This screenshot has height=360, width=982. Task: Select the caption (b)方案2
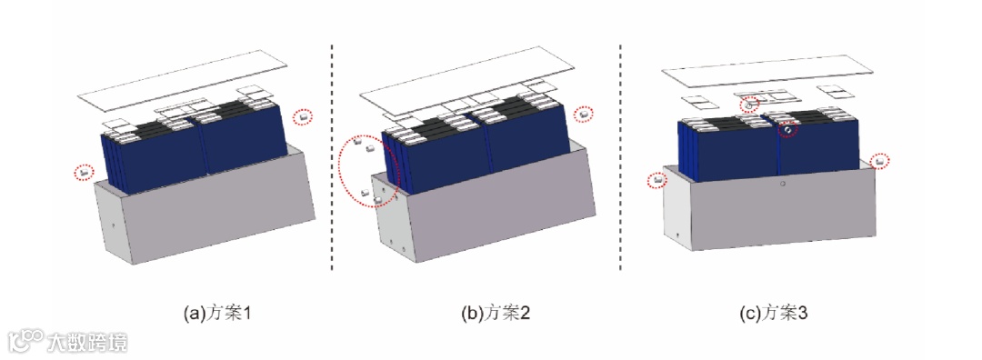click(496, 313)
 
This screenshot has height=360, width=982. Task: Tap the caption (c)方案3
click(773, 313)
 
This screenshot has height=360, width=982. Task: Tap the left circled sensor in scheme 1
click(84, 170)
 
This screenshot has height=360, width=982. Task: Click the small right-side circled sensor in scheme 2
click(584, 114)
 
